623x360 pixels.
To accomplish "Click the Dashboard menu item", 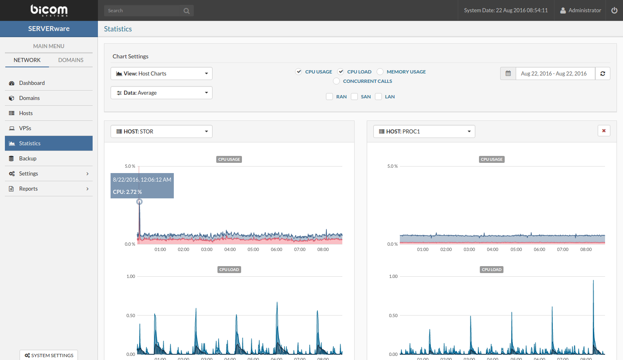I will (x=32, y=83).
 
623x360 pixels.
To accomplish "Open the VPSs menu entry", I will (x=25, y=128).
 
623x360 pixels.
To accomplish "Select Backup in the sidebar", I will (x=28, y=158).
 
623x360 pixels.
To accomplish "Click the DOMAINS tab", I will (x=71, y=60).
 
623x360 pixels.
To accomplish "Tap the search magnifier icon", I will (x=186, y=11).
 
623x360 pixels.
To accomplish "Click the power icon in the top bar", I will (x=614, y=10).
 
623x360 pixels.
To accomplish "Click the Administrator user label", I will (x=584, y=10).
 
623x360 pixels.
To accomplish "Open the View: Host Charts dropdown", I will (x=162, y=73).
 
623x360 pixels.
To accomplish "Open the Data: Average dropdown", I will (x=162, y=93).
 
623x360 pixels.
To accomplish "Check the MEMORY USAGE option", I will (x=380, y=72).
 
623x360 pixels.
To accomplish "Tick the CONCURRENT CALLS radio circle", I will (x=337, y=81).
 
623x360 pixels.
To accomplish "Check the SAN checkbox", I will (x=355, y=97).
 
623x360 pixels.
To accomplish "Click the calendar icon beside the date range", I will (x=508, y=73).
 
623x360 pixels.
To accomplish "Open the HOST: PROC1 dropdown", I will (x=424, y=131).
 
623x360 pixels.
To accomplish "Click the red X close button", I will (x=604, y=131).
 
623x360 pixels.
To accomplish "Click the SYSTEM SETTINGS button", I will (x=49, y=355).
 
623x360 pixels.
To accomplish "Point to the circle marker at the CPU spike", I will (x=140, y=202).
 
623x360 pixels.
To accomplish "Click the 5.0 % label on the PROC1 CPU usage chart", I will (x=392, y=166).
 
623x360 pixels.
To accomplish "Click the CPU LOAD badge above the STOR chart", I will (x=229, y=269).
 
